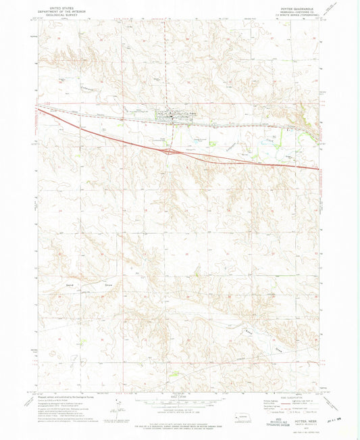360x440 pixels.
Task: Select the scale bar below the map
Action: pos(179,401)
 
